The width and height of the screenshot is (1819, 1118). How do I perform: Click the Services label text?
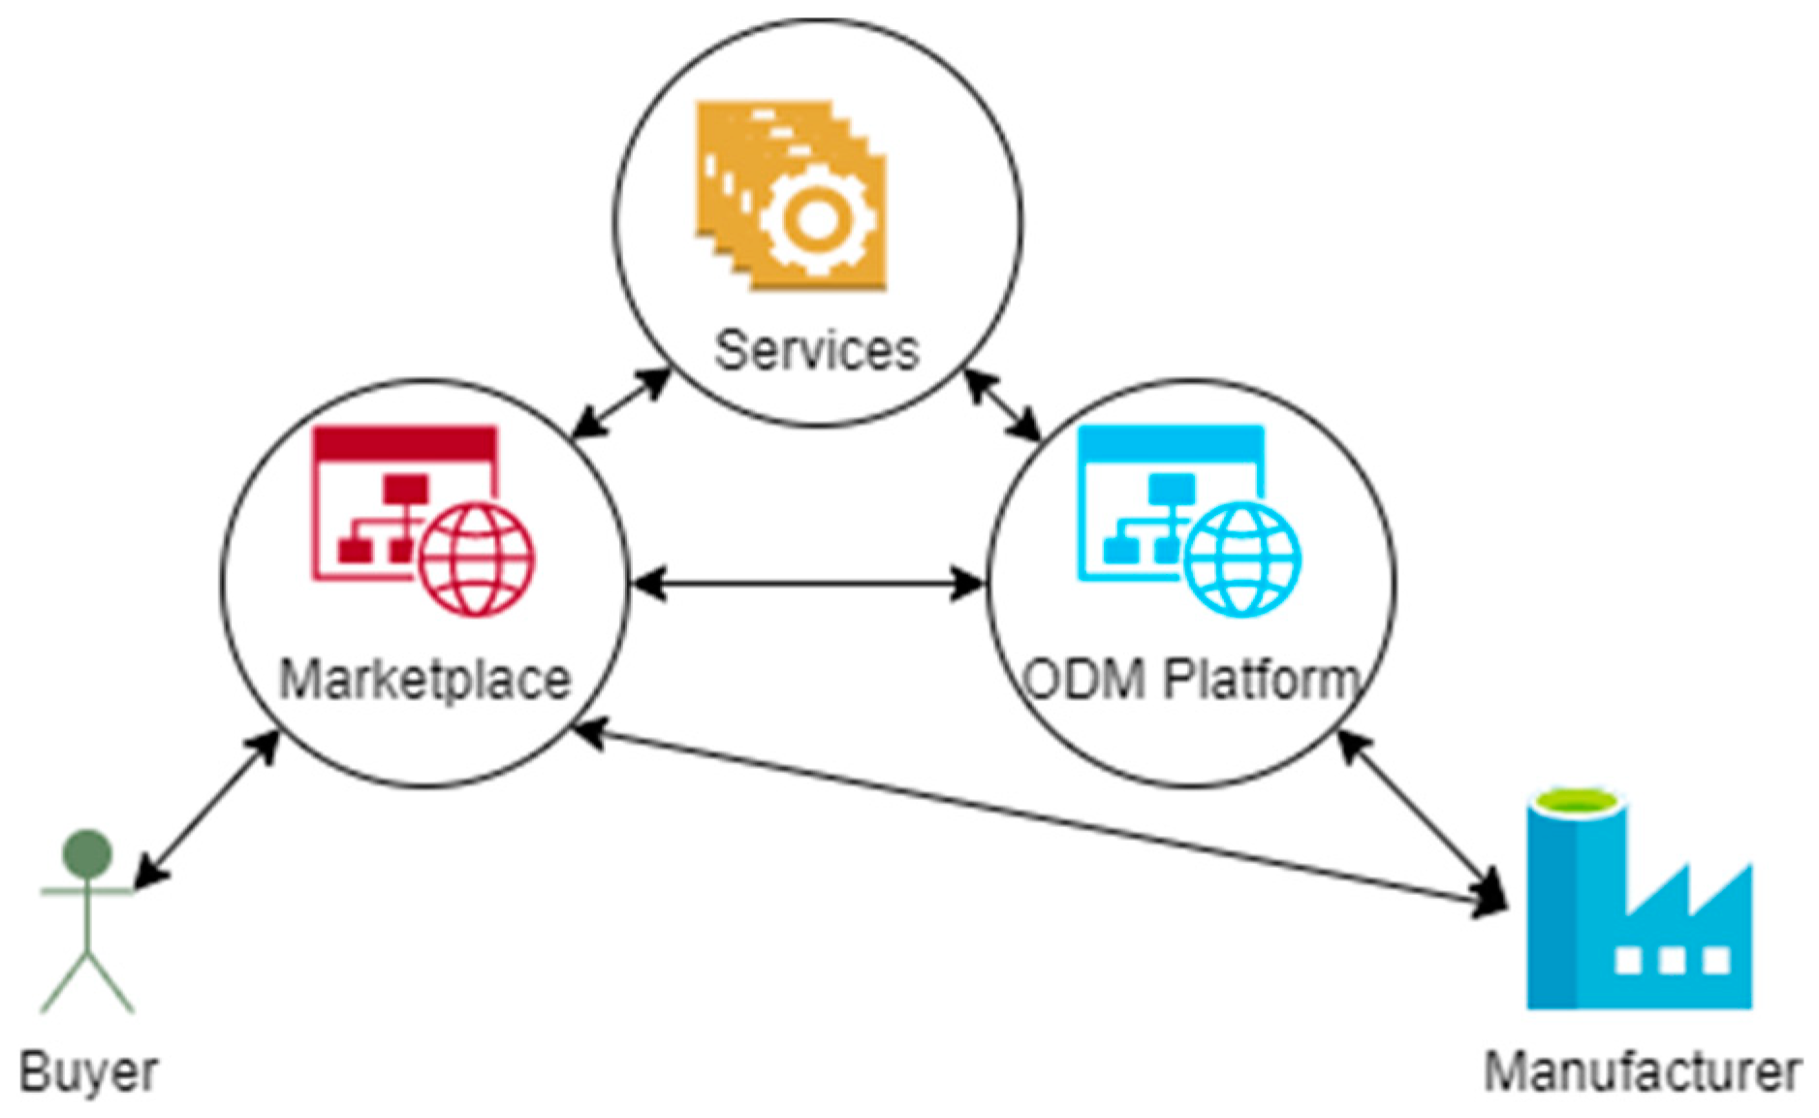pos(816,351)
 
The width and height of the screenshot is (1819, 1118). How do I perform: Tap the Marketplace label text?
pos(424,680)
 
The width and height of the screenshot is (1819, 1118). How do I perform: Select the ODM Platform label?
pos(1191,679)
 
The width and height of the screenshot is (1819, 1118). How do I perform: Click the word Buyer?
pos(88,1072)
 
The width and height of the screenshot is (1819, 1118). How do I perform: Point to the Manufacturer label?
pos(1642,1072)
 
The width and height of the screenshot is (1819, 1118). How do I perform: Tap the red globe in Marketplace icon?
pos(477,559)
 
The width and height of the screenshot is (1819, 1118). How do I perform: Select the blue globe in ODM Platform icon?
pos(1242,559)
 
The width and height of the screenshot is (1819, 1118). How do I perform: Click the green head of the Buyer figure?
pos(87,854)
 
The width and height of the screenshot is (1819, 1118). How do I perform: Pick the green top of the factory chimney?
pos(1575,802)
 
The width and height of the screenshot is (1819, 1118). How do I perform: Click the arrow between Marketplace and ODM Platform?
pos(808,584)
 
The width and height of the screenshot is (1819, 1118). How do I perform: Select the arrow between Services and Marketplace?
pos(620,402)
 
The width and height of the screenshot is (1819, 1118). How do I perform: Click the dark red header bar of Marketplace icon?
pos(405,443)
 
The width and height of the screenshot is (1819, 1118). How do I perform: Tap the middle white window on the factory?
pos(1672,961)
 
